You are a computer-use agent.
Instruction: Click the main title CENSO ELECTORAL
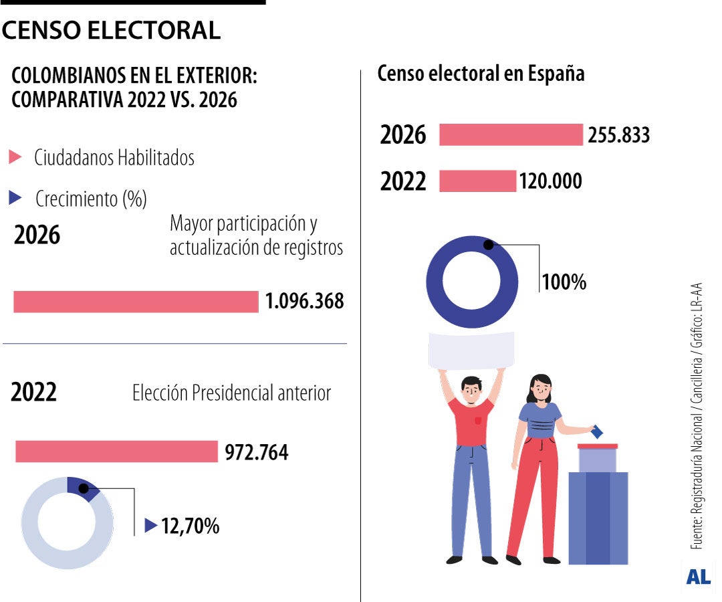coord(111,30)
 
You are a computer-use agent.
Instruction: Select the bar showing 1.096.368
coord(136,302)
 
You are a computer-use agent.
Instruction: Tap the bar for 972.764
coord(116,451)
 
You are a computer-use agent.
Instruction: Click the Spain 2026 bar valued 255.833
coord(511,134)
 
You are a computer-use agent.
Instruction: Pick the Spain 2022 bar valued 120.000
coord(477,181)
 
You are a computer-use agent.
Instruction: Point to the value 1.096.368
coord(304,302)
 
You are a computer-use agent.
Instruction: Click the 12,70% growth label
coord(190,526)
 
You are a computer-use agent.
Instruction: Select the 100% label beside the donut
coord(564,282)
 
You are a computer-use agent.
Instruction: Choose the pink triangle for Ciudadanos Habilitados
coord(15,158)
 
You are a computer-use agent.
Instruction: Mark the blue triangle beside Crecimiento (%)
coord(15,198)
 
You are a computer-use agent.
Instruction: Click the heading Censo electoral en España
coord(481,74)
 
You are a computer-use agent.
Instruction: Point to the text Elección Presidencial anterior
coord(231,393)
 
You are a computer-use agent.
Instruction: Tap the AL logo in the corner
coord(698,577)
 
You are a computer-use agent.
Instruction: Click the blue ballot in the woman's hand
coord(597,432)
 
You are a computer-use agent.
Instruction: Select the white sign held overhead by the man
coord(471,350)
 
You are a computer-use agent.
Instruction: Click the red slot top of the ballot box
coord(597,446)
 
